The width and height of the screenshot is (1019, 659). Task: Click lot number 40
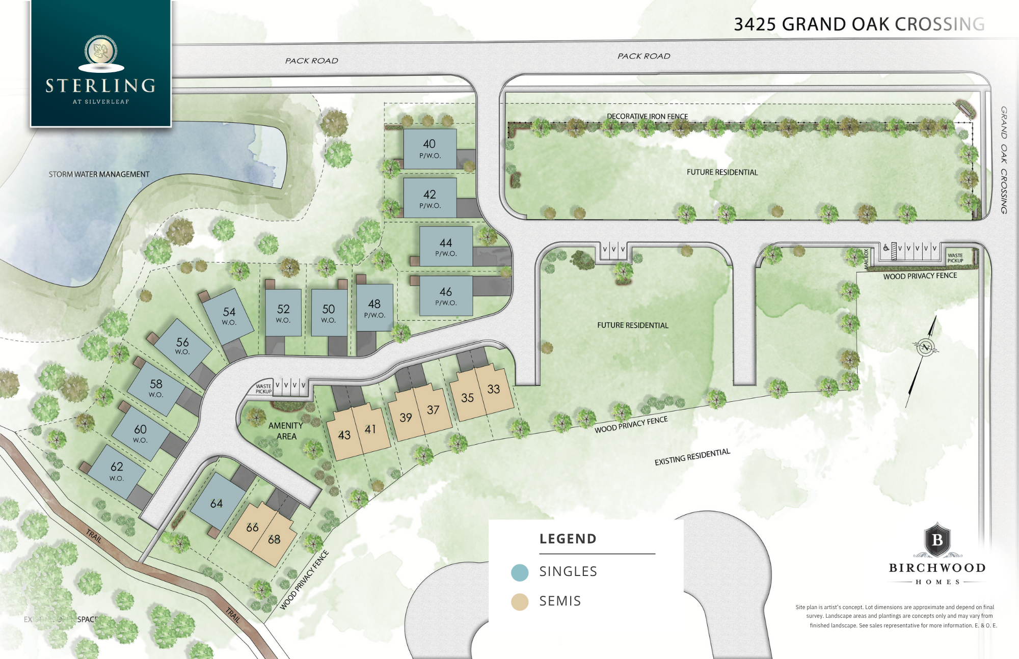[x=430, y=148]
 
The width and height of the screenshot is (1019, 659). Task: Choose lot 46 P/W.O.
[x=446, y=295]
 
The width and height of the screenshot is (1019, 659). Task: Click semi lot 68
[x=274, y=539]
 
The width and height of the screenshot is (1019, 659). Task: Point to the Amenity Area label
[x=286, y=431]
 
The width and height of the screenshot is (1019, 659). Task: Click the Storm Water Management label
[x=99, y=174]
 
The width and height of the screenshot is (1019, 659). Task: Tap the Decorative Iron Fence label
[x=647, y=116]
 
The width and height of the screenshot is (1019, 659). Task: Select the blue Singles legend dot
[x=520, y=572]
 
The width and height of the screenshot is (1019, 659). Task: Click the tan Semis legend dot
[x=520, y=602]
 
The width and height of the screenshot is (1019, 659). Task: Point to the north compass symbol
[x=925, y=348]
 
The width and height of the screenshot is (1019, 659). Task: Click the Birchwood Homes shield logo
[x=937, y=539]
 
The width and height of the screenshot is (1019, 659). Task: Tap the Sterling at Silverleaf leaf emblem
[x=101, y=50]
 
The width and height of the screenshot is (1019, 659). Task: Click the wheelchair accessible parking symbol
[x=887, y=248]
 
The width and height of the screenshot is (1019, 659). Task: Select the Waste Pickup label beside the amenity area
[x=263, y=389]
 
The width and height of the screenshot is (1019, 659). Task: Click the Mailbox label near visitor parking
[x=866, y=259]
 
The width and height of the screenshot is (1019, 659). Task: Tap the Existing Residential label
[x=692, y=457]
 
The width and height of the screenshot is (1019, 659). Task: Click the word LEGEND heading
[x=568, y=539]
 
